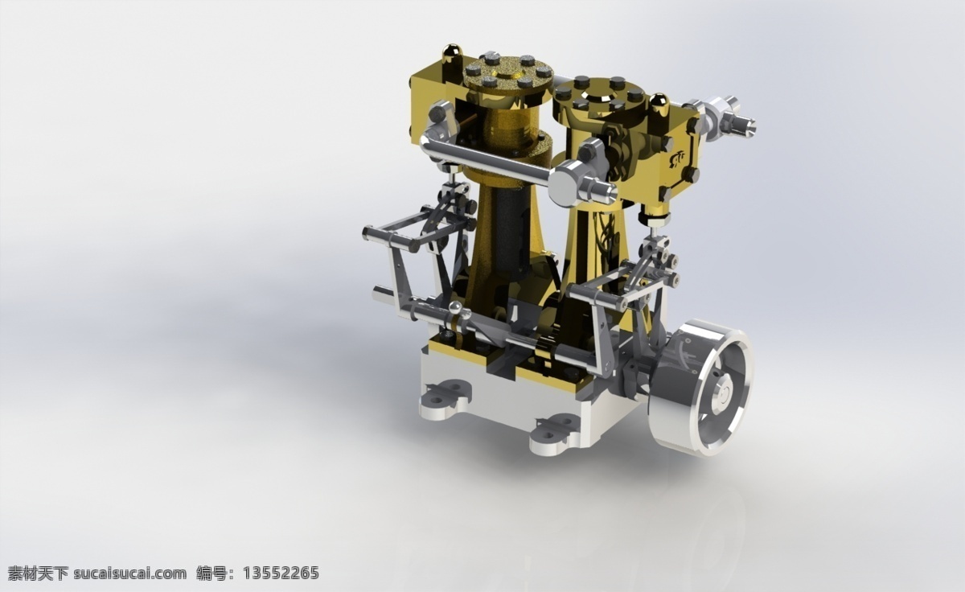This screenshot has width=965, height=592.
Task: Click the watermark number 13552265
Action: [x=281, y=573]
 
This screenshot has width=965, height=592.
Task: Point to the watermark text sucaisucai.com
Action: [x=129, y=573]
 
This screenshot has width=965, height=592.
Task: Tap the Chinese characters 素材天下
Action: [x=38, y=573]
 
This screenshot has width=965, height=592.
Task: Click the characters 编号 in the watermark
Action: [x=211, y=573]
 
